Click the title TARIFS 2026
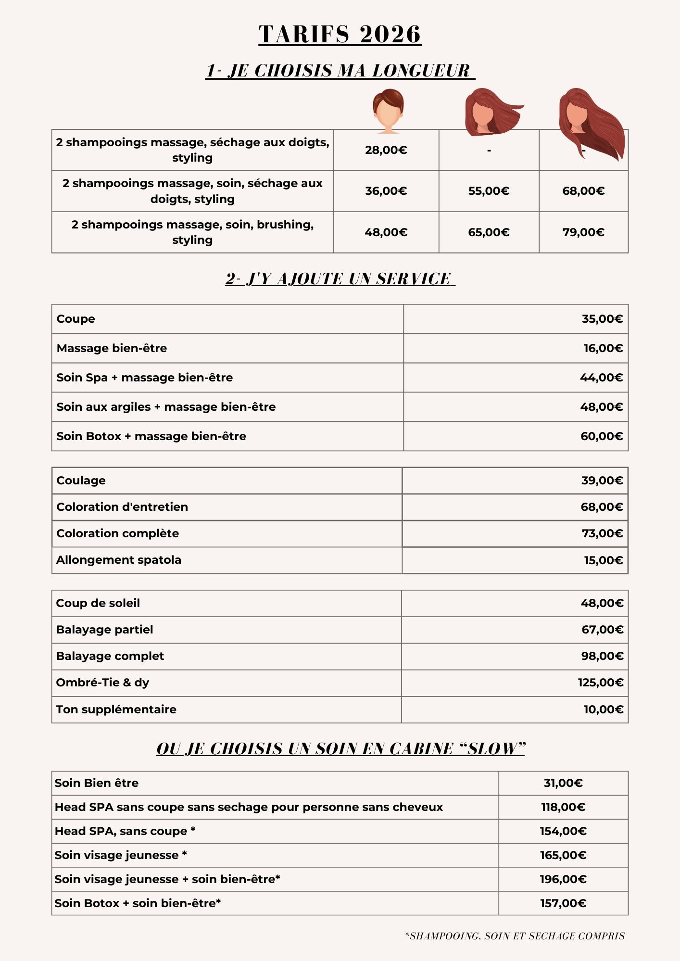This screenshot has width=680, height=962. click(x=340, y=35)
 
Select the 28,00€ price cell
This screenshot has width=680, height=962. click(x=386, y=150)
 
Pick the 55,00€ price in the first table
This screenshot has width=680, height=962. click(x=489, y=191)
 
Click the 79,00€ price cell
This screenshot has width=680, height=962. click(x=583, y=232)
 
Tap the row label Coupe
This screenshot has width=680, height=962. click(x=76, y=319)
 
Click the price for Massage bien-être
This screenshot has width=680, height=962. click(x=603, y=348)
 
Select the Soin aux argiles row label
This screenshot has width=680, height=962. click(x=166, y=407)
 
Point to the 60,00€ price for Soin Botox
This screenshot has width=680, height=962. click(x=602, y=436)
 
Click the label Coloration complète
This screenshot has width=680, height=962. click(x=117, y=533)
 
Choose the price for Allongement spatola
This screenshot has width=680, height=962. click(x=603, y=560)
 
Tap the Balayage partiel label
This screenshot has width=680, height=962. click(x=104, y=630)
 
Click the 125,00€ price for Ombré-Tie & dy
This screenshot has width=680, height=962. click(x=601, y=683)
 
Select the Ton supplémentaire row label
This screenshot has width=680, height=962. click(x=116, y=709)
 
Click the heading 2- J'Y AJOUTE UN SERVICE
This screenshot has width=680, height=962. click(x=340, y=279)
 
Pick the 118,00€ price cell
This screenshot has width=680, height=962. click(x=563, y=807)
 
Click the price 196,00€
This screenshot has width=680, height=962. click(x=563, y=879)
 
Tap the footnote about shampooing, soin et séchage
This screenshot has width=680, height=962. click(x=515, y=936)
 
